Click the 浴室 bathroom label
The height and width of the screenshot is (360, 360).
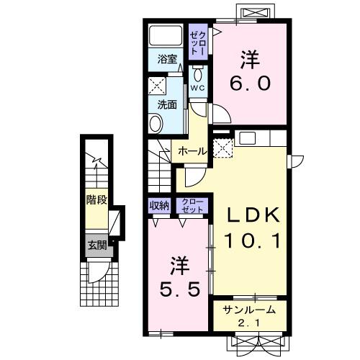[167, 59]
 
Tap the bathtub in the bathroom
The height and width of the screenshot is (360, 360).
[166, 35]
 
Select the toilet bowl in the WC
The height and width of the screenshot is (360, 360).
[198, 75]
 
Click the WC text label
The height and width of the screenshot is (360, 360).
[198, 88]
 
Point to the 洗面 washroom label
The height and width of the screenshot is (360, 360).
[167, 104]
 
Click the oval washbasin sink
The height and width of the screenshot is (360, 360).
[156, 124]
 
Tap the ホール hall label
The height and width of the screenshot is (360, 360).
[192, 151]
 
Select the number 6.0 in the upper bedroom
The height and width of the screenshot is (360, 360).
[251, 84]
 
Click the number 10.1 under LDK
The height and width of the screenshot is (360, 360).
[252, 241]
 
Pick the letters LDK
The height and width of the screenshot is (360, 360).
[253, 215]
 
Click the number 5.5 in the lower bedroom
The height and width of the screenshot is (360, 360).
[180, 289]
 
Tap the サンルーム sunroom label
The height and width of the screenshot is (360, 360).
[249, 310]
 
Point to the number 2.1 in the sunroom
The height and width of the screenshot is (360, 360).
[249, 323]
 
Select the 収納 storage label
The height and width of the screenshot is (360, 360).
[159, 206]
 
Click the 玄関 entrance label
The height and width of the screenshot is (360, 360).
[97, 246]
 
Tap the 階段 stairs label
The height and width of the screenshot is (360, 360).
[96, 199]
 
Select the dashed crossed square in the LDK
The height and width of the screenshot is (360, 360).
[223, 148]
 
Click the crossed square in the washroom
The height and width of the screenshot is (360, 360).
[157, 86]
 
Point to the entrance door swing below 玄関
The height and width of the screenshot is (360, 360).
[99, 272]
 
